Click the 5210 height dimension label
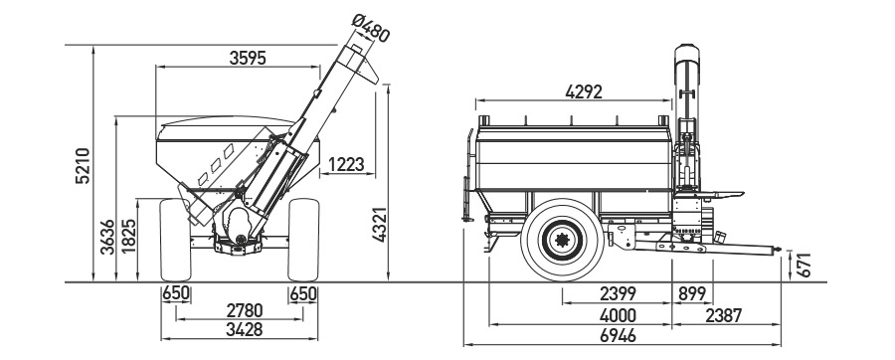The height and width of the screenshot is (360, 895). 84,165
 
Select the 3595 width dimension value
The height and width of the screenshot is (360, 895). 248,58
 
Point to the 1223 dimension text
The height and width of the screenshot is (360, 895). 346,164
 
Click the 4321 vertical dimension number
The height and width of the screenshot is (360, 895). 380,224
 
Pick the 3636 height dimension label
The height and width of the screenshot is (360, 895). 107,237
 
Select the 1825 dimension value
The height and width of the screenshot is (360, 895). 129,237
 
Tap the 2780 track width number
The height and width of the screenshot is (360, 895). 245,311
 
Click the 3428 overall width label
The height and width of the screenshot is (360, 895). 245,329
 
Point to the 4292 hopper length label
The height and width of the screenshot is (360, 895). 584,91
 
